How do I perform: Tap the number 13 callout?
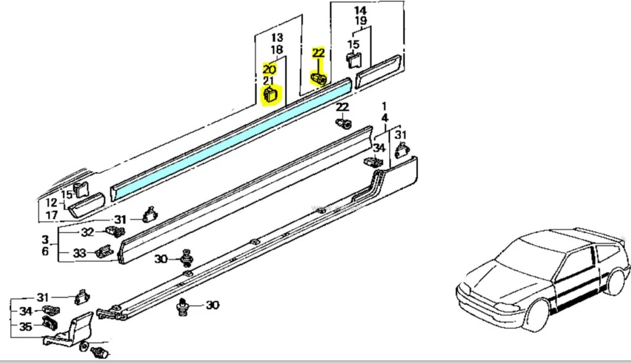click(x=277, y=37)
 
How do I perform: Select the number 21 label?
click(x=269, y=81)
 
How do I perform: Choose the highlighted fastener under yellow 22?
click(x=319, y=79)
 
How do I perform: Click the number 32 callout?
click(x=87, y=232)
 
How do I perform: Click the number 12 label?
click(x=50, y=202)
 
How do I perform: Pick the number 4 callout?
click(x=384, y=119)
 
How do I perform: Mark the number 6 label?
click(x=45, y=252)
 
